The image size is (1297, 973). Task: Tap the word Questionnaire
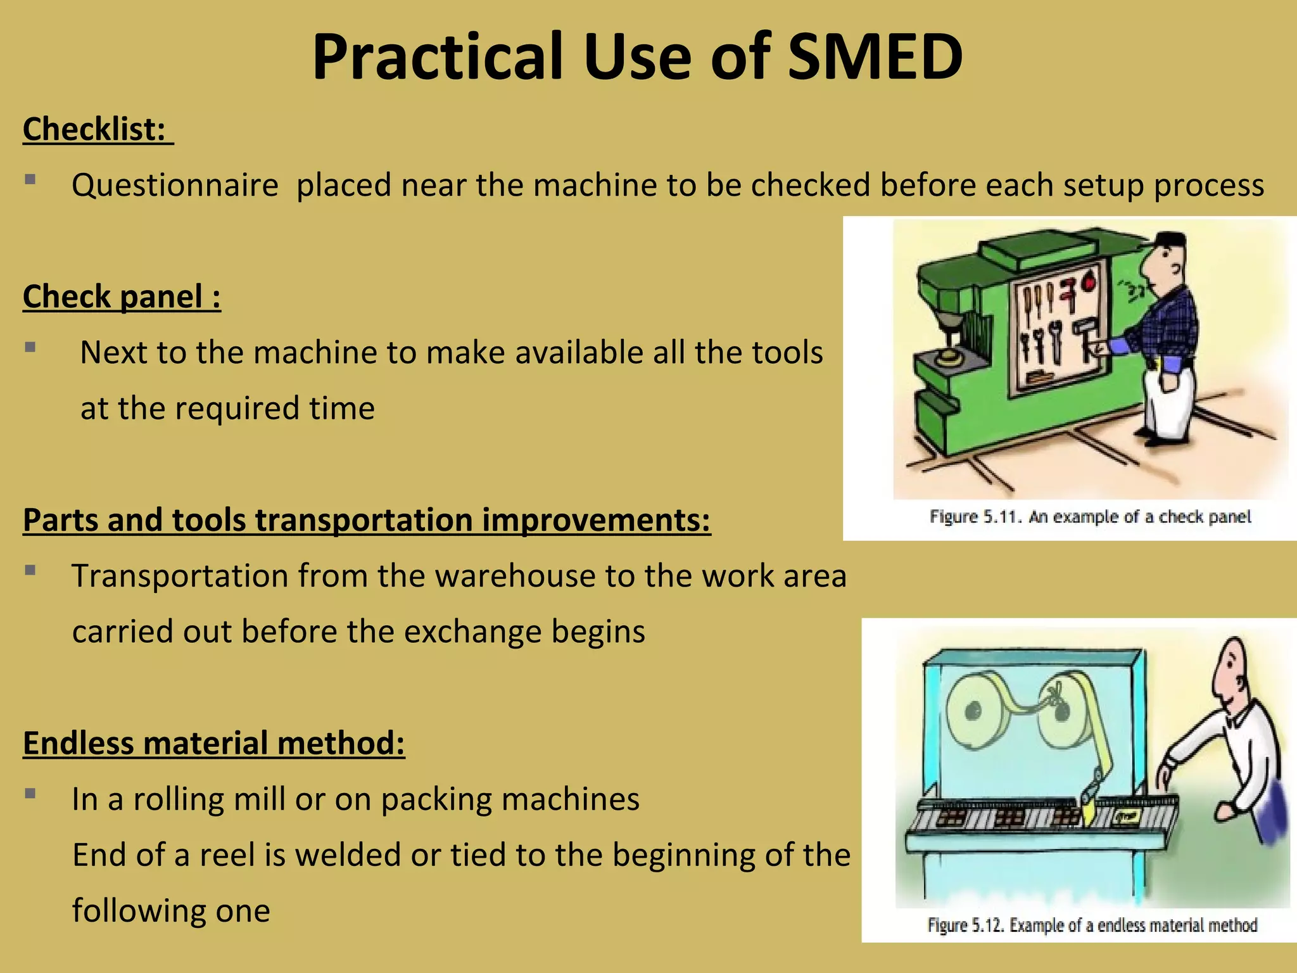coord(175,186)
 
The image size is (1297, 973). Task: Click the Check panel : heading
coord(122,296)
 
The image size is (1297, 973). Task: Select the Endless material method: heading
coord(213,743)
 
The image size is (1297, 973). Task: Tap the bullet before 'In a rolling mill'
coord(30,793)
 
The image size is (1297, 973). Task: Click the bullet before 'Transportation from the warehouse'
coord(30,570)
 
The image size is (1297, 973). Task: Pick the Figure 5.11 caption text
coord(1090,517)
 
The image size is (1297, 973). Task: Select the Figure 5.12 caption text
coord(1092,925)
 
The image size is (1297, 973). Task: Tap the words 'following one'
coord(171,911)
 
